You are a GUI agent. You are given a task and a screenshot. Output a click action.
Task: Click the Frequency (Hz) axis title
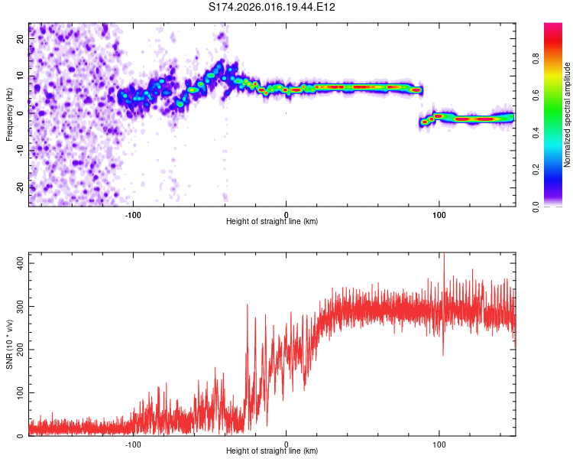pos(9,115)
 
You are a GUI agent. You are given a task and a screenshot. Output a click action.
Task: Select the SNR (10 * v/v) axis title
pos(9,344)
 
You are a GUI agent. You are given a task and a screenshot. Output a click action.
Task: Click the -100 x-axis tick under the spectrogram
pos(134,214)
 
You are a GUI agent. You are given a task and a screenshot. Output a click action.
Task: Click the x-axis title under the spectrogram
pos(272,222)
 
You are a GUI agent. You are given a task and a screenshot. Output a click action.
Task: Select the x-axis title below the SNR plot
pos(272,452)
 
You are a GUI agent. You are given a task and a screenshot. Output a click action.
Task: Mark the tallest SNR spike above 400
pos(444,257)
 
